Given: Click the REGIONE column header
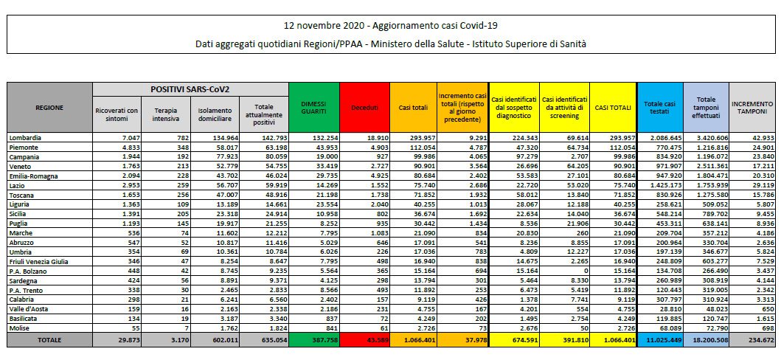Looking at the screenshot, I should point(49,108).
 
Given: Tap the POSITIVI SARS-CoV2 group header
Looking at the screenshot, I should point(190,89).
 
